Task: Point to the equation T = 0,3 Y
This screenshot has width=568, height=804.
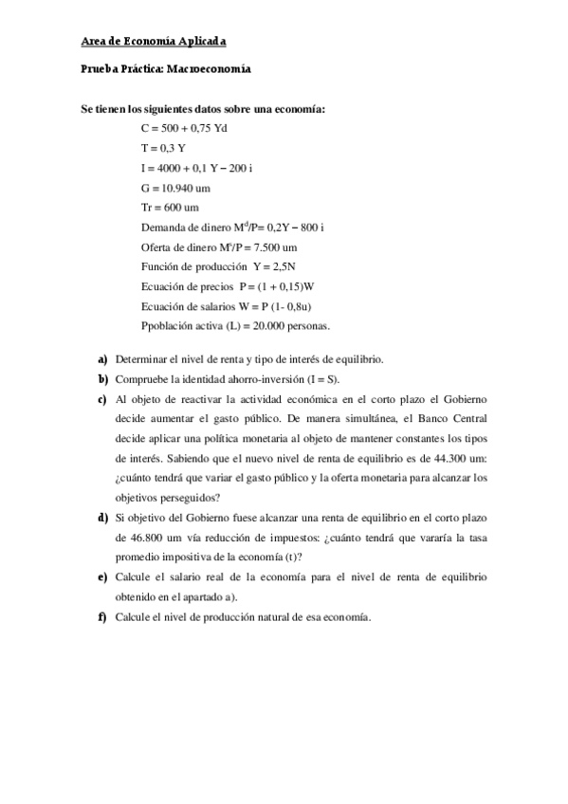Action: (x=163, y=146)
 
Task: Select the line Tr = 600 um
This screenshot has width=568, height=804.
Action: (x=170, y=208)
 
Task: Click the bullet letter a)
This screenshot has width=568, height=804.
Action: (x=101, y=359)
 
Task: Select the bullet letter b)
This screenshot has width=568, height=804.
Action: (x=101, y=378)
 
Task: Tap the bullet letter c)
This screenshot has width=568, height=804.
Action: (x=101, y=398)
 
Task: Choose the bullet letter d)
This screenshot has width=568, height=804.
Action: (x=101, y=518)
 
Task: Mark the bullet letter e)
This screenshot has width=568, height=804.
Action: (x=101, y=576)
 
